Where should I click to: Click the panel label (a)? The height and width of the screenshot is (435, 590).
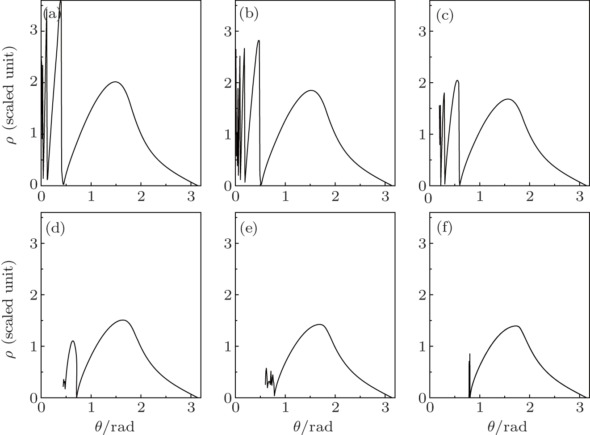point(51,15)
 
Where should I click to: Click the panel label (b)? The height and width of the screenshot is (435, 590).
point(249,15)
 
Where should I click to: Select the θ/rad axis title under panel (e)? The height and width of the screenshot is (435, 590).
point(313,427)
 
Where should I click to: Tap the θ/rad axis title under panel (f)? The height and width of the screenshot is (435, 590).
point(507,427)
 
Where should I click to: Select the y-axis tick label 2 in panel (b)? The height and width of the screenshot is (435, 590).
point(228,83)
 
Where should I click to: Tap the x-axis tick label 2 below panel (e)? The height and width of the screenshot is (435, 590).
point(335,407)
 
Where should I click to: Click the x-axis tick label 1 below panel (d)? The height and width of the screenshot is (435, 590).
point(91,407)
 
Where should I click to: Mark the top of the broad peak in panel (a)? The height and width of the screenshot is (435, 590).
point(115,82)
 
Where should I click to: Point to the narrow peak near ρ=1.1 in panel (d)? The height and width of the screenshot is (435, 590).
point(72,341)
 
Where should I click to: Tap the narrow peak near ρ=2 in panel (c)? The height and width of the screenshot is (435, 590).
point(457,80)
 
